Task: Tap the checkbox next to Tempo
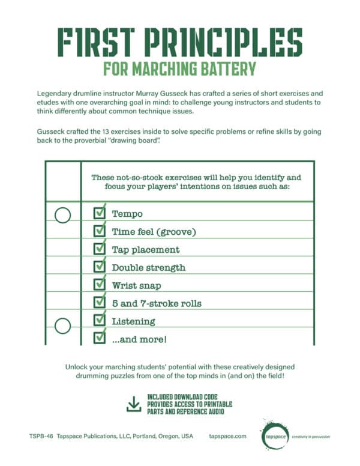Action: (x=100, y=214)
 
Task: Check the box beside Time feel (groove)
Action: (x=100, y=231)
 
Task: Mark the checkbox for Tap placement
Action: (x=100, y=249)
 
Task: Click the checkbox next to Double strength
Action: (x=100, y=267)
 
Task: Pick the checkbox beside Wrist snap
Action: (x=100, y=285)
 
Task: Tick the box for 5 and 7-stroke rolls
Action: (x=100, y=303)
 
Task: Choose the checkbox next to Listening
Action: (x=100, y=321)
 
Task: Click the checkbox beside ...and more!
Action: (x=100, y=339)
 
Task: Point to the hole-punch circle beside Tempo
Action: (x=63, y=214)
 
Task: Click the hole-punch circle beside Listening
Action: (x=63, y=326)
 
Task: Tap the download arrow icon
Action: (x=134, y=405)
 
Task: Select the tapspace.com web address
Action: (x=228, y=437)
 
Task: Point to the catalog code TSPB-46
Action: (x=40, y=437)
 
